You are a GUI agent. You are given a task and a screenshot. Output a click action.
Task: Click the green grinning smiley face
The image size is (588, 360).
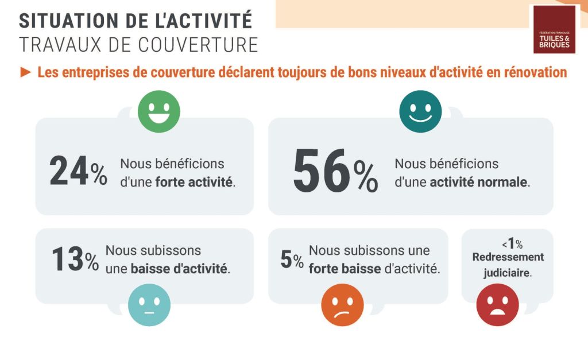pyautogui.click(x=158, y=111)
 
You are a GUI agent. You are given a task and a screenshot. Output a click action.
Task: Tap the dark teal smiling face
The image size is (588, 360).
pyautogui.click(x=420, y=111)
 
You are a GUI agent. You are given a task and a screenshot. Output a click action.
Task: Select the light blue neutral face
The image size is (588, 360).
pyautogui.click(x=149, y=305)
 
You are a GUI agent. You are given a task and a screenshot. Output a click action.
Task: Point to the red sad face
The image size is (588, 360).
pyautogui.click(x=497, y=305)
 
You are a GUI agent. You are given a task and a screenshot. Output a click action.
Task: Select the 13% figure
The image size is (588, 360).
pyautogui.click(x=75, y=260)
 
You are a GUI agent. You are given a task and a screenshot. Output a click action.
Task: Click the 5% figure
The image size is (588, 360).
pyautogui.click(x=292, y=260)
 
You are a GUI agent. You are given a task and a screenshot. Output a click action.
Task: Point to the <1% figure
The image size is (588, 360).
pyautogui.click(x=508, y=243)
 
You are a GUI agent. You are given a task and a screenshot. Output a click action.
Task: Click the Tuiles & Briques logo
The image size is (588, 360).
pyautogui.click(x=554, y=29)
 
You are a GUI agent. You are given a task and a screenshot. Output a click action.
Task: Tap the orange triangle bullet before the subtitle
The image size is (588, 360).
pyautogui.click(x=25, y=72)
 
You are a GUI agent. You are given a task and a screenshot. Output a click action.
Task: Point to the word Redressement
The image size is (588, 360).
pyautogui.click(x=508, y=257)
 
